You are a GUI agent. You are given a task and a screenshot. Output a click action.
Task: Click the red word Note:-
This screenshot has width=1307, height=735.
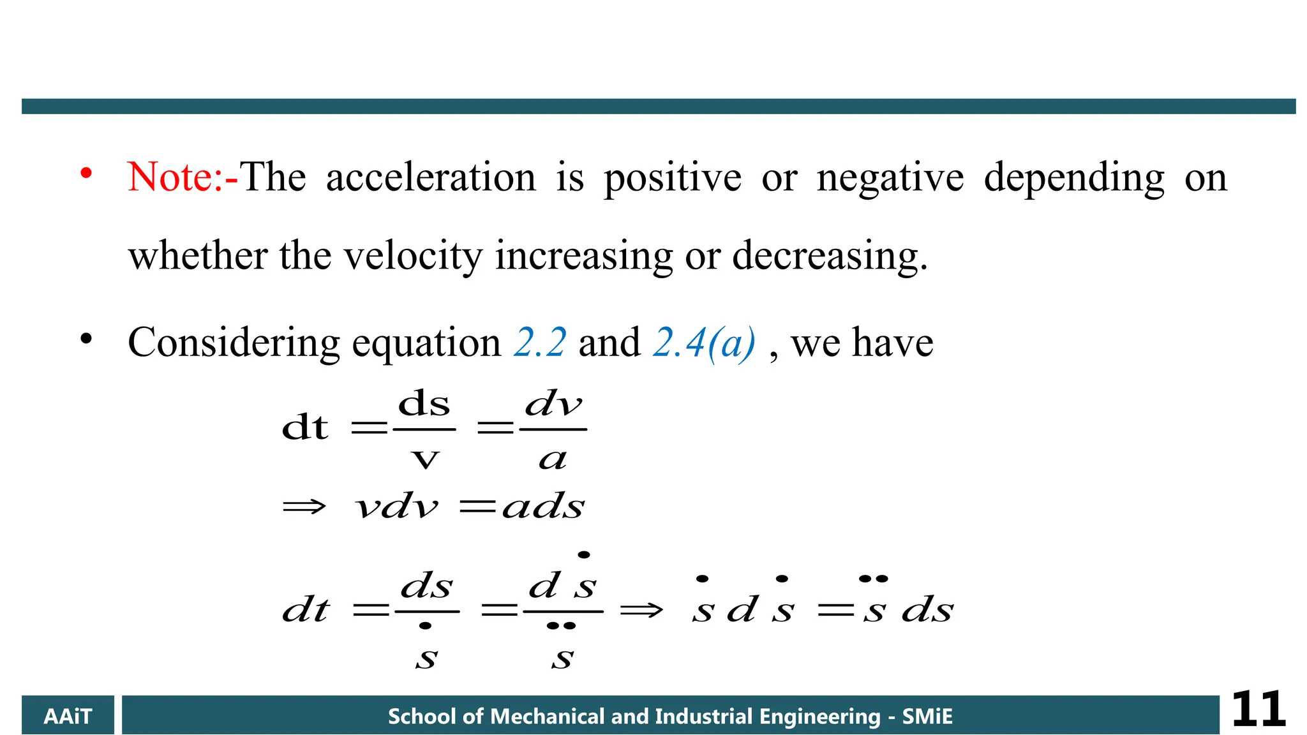(x=183, y=177)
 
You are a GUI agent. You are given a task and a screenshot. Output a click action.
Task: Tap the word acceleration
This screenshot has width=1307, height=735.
(x=431, y=177)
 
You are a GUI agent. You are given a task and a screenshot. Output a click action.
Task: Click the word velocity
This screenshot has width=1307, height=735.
(x=413, y=256)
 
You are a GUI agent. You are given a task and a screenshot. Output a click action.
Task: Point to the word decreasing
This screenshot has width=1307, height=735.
(x=829, y=256)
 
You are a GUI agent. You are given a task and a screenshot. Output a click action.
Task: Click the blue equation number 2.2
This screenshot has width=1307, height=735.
(x=539, y=343)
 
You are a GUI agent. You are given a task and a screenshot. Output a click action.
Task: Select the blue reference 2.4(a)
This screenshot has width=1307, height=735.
(x=704, y=343)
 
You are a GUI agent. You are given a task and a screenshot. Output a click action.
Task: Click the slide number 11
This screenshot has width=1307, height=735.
(x=1258, y=709)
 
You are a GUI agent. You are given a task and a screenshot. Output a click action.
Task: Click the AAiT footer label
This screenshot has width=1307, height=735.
(x=68, y=716)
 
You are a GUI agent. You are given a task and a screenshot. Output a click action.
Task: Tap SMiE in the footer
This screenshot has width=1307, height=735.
(x=927, y=716)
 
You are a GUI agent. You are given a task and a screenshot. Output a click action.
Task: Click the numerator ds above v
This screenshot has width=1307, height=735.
(x=424, y=404)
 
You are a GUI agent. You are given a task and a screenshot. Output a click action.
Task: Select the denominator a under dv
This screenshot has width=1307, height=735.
(x=553, y=459)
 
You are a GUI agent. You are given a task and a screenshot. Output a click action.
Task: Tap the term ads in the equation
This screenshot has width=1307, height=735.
(x=543, y=507)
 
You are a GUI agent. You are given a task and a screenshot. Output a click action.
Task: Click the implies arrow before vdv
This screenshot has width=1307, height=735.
(x=304, y=507)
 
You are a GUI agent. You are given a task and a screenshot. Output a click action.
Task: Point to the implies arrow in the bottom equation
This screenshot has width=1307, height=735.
(x=641, y=611)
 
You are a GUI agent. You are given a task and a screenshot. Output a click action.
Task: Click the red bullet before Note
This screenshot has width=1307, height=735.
(x=86, y=173)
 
